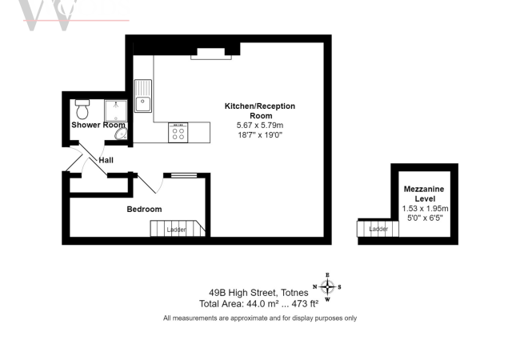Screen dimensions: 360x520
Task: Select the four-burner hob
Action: [x=178, y=133]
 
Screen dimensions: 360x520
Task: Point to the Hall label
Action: [x=106, y=160]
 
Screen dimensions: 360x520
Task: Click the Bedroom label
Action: [x=144, y=210]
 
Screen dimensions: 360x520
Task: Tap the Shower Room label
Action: [x=98, y=125]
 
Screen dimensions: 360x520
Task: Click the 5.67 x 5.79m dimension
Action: [x=260, y=126]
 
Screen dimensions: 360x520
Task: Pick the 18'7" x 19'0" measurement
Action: [x=260, y=135]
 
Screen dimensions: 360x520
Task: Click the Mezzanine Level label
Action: [x=424, y=194]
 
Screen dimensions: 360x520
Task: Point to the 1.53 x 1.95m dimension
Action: [x=425, y=209]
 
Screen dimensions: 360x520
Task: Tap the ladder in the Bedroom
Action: [x=178, y=230]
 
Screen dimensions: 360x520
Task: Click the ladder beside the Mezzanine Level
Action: [x=377, y=230]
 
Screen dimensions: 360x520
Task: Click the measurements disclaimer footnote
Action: [x=260, y=318]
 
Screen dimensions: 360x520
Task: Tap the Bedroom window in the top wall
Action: [x=183, y=174]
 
